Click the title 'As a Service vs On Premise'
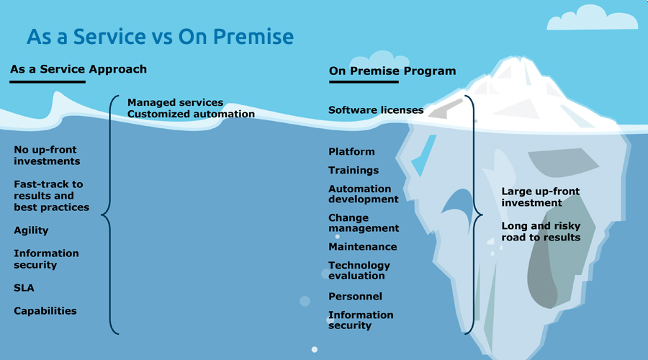(160, 37)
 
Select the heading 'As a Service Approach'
(78, 69)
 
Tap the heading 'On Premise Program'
(392, 71)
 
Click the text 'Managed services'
(175, 102)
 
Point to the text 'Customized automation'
(191, 114)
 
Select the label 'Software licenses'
(376, 110)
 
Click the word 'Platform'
(351, 151)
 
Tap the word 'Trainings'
(354, 170)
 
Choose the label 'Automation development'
(364, 194)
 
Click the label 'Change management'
(364, 222)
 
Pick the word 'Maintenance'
(363, 246)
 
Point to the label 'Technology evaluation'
(359, 270)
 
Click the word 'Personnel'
(355, 296)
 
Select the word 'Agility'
(31, 230)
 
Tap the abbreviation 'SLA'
(24, 288)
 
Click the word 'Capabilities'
(45, 311)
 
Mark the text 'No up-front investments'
(47, 156)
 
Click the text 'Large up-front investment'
(541, 197)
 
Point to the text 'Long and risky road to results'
(541, 231)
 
